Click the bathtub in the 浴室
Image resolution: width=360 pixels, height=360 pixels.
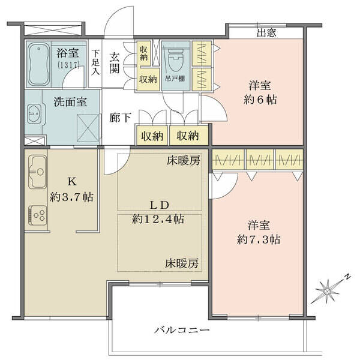click(39, 64)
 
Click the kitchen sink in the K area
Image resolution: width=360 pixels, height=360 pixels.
click(38, 172)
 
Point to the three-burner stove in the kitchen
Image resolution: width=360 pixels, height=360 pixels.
click(38, 215)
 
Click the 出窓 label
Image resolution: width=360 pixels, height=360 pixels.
click(266, 33)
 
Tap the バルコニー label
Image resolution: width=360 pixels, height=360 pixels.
click(182, 331)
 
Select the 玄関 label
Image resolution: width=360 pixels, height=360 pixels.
click(114, 63)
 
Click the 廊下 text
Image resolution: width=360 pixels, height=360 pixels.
click(120, 118)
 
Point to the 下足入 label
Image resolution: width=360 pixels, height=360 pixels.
click(95, 62)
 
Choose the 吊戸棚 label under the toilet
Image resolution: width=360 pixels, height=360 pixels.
click(175, 79)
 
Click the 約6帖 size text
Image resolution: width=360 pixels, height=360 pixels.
click(260, 100)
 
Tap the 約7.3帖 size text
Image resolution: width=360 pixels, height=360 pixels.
click(259, 240)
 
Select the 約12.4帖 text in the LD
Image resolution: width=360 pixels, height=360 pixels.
click(158, 219)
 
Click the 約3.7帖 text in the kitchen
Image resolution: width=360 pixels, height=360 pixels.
click(71, 197)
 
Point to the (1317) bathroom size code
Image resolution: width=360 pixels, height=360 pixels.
click(68, 65)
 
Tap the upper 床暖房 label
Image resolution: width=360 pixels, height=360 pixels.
click(183, 160)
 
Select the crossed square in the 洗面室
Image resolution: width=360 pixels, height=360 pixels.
click(88, 128)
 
